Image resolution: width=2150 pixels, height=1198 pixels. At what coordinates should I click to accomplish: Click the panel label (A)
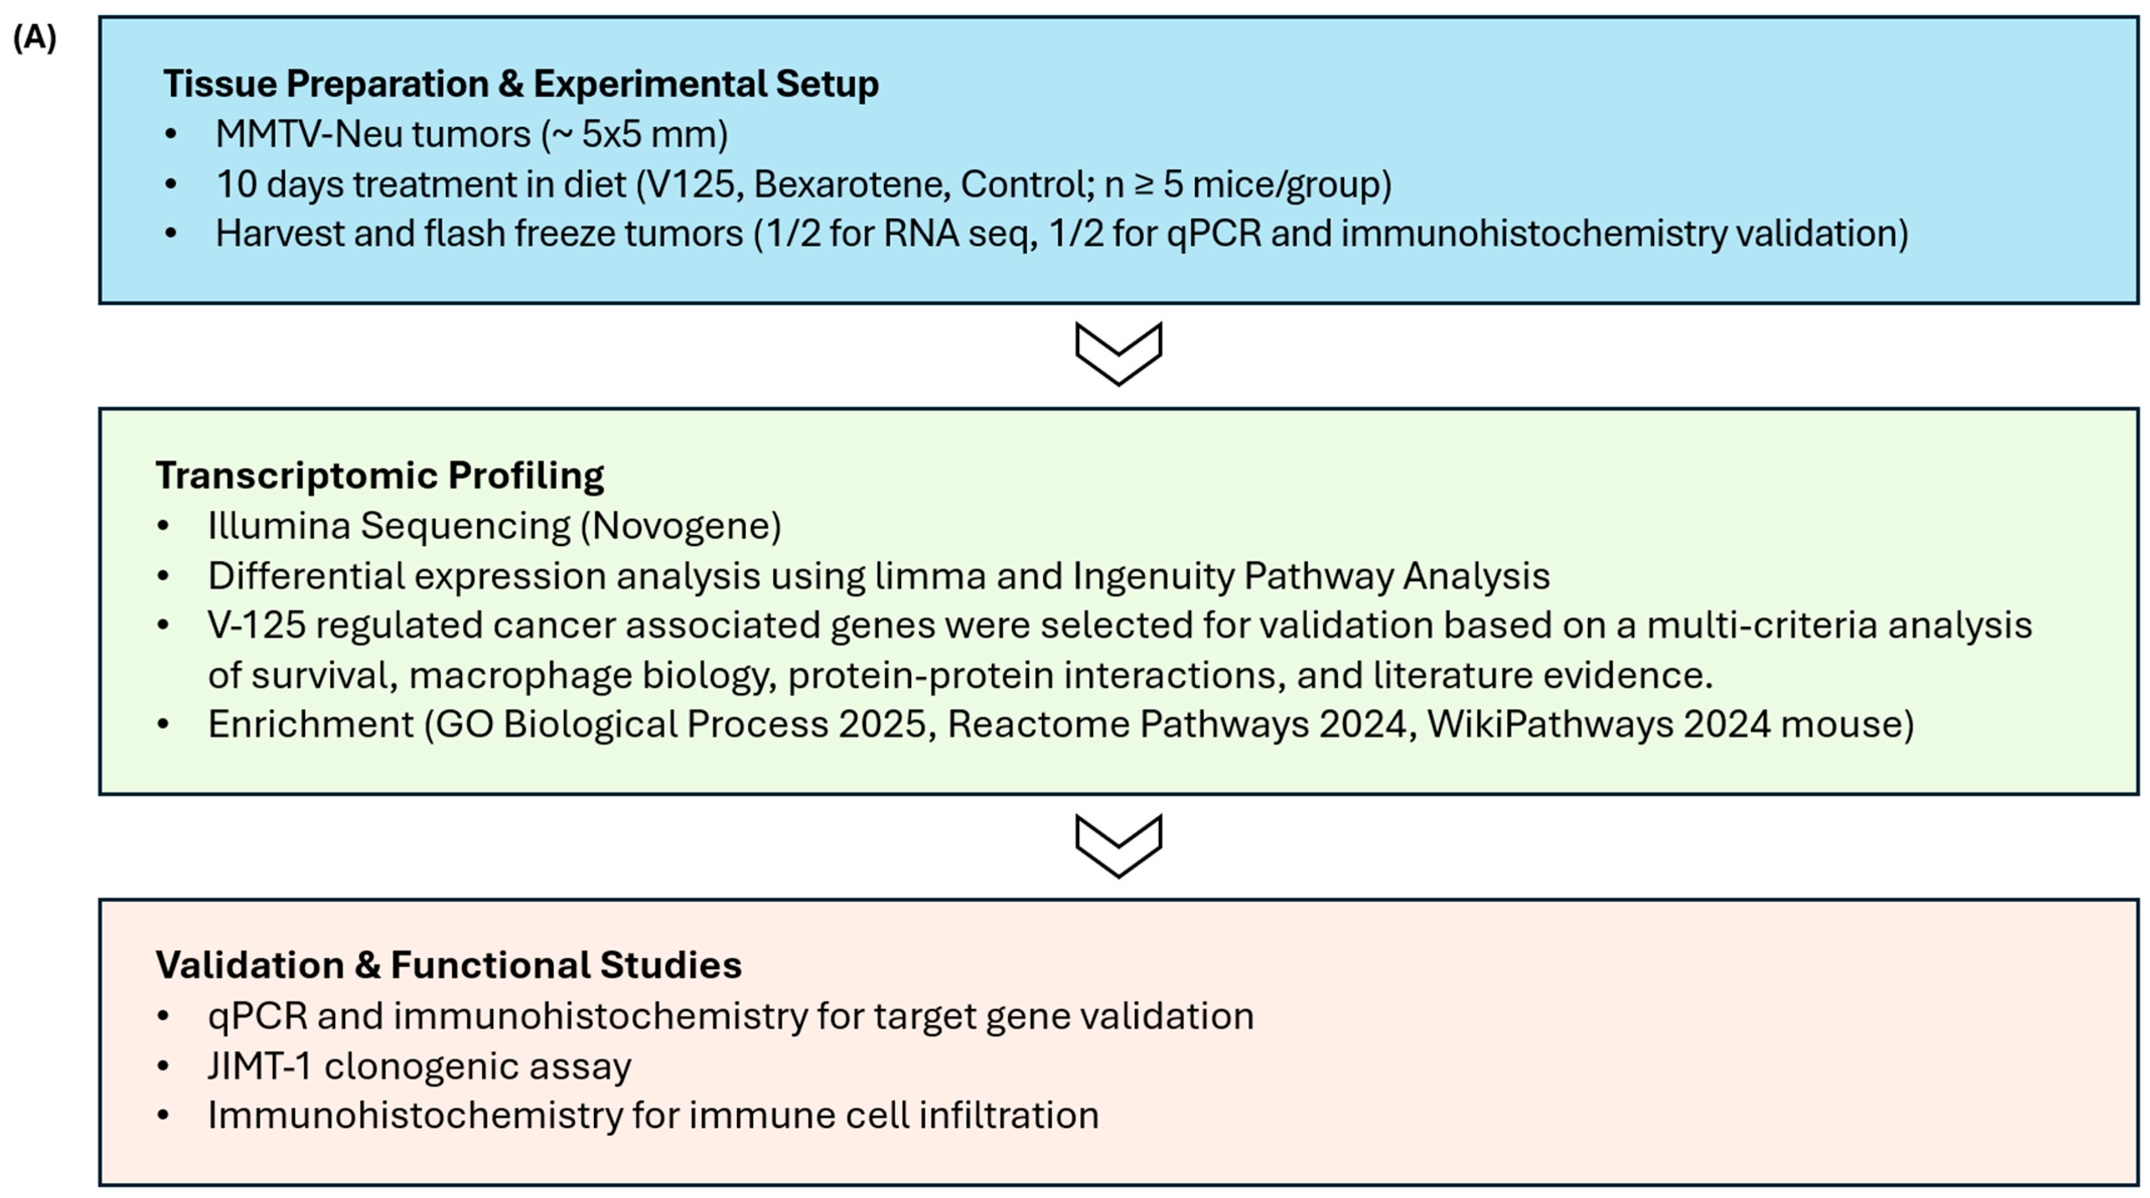tap(34, 38)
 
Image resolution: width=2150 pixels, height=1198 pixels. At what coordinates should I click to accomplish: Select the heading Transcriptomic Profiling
tap(380, 476)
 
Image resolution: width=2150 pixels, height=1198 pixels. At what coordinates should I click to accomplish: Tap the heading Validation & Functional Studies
tap(448, 965)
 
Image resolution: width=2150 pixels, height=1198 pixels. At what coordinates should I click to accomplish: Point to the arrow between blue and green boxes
tap(1119, 353)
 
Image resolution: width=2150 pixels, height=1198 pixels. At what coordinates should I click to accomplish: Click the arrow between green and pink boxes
tap(1119, 845)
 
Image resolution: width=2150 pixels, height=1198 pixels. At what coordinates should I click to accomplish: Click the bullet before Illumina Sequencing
tap(164, 526)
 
